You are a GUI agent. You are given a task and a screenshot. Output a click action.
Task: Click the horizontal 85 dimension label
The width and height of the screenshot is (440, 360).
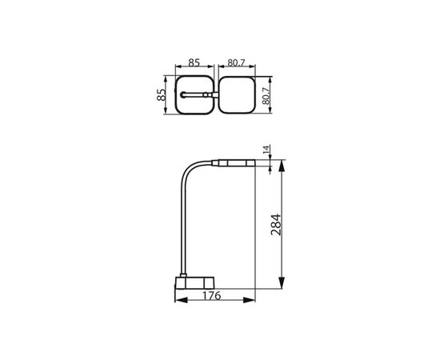pyautogui.click(x=194, y=62)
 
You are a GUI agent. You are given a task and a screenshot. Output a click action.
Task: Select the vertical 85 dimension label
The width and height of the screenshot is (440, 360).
pyautogui.click(x=161, y=95)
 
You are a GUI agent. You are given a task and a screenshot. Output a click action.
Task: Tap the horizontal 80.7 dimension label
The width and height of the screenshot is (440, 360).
pyautogui.click(x=236, y=63)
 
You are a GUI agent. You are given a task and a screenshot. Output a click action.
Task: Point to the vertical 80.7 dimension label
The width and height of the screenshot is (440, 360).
pyautogui.click(x=266, y=96)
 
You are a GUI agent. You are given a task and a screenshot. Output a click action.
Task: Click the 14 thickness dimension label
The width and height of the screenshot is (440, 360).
pyautogui.click(x=266, y=150)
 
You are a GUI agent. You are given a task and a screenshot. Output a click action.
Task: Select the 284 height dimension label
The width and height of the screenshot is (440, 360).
pyautogui.click(x=275, y=225)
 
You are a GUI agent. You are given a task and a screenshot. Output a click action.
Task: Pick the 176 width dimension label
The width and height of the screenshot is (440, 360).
pyautogui.click(x=211, y=296)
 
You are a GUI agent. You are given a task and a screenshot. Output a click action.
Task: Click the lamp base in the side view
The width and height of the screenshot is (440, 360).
pyautogui.click(x=194, y=283)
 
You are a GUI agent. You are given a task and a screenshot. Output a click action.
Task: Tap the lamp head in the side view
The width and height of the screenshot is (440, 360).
pyautogui.click(x=234, y=163)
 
